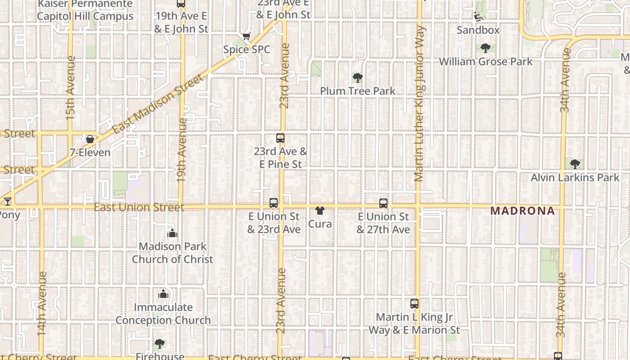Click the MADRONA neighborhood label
(522, 211)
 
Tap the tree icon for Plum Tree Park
(358, 78)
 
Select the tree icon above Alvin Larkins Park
(575, 164)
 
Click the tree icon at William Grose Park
(485, 48)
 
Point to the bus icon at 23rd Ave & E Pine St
(280, 138)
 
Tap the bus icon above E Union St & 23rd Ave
(274, 203)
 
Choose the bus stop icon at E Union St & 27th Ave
(383, 203)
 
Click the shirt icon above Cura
(320, 211)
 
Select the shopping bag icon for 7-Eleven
(90, 139)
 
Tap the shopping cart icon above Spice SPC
(246, 36)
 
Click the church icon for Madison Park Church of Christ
(172, 233)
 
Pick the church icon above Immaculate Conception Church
(163, 294)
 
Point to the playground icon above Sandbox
(478, 17)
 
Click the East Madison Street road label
(158, 104)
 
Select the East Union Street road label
(139, 207)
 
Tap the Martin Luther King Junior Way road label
(419, 103)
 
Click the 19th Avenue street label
(182, 149)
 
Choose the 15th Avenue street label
(70, 88)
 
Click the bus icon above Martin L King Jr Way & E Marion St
(414, 304)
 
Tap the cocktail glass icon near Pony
(7, 201)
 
